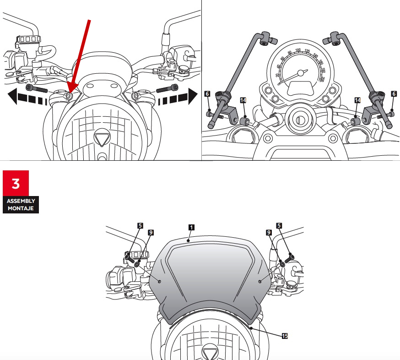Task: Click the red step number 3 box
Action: [x=16, y=183]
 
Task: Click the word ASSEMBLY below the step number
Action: [x=21, y=201]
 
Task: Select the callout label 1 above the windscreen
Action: [x=191, y=227]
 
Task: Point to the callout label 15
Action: [x=285, y=336]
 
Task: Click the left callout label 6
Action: [x=207, y=93]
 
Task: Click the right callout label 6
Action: [x=394, y=93]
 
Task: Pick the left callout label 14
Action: [x=243, y=99]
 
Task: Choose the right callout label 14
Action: [x=357, y=99]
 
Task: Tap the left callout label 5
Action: [x=140, y=225]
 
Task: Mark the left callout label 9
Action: [x=150, y=232]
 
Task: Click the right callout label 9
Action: [x=268, y=232]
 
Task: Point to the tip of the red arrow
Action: [x=69, y=95]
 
